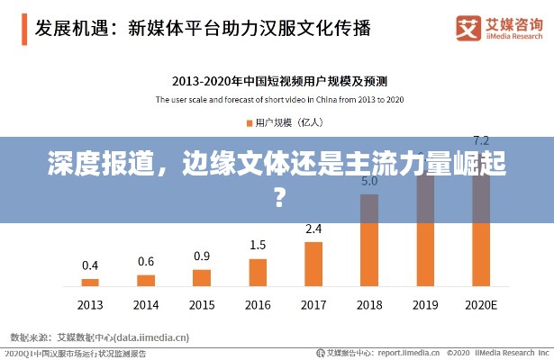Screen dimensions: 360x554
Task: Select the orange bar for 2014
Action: point(146,280)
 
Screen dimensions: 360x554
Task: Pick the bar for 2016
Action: point(258,272)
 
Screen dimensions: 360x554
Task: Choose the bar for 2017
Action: point(313,263)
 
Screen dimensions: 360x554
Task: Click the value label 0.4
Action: point(90,265)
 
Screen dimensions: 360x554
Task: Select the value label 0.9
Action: point(202,256)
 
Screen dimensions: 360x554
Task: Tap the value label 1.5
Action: point(258,245)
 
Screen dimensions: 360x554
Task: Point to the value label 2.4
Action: point(313,229)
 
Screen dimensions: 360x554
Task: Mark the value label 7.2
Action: point(481,140)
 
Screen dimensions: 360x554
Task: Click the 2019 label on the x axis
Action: point(425,305)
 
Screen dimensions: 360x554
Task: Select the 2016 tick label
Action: point(258,305)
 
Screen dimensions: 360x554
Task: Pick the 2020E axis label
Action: point(481,305)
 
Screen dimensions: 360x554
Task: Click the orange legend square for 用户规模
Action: point(248,121)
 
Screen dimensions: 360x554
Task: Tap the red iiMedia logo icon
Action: point(469,26)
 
